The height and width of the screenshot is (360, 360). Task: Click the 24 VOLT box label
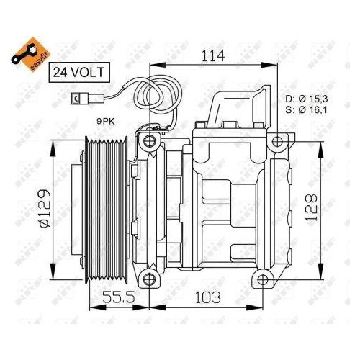click(79, 72)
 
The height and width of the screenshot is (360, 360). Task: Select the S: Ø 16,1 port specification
click(306, 111)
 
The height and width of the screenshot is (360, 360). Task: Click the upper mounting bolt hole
click(150, 140)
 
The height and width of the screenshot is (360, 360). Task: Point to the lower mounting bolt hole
click(150, 279)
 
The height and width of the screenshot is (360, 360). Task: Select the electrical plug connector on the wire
click(77, 100)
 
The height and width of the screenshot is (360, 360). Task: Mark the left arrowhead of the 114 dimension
click(153, 67)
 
